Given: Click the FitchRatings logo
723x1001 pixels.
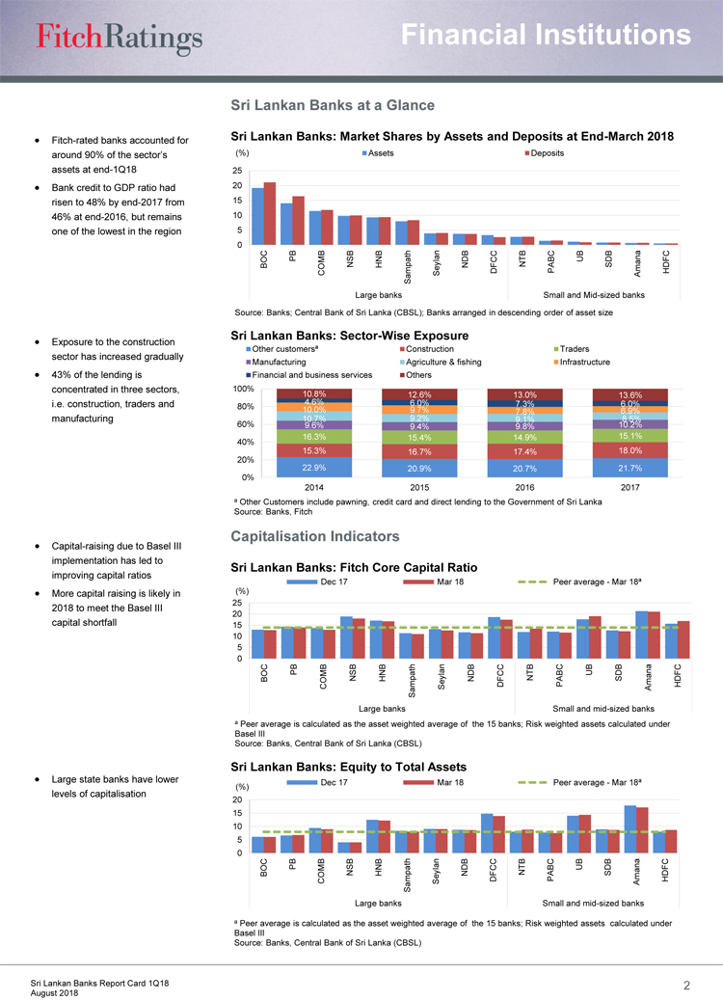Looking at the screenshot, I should (120, 37).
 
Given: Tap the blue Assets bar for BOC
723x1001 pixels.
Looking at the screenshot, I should (257, 216).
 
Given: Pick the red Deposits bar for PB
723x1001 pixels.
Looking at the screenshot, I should (298, 220).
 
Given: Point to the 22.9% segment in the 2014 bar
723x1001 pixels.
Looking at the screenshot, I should (313, 468).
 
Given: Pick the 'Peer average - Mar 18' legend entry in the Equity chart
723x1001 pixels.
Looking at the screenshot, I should (596, 782).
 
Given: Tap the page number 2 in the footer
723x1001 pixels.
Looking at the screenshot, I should (686, 986).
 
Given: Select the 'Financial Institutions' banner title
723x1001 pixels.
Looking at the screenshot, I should (547, 36).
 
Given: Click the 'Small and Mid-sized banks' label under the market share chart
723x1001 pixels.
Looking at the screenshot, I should (593, 294).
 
